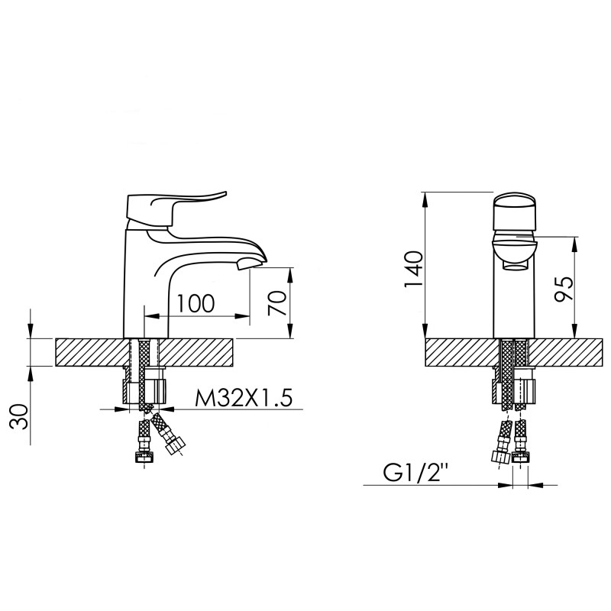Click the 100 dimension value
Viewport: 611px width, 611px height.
(x=194, y=302)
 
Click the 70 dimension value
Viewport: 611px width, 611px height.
(x=277, y=303)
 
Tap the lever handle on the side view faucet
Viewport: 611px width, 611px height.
(x=176, y=205)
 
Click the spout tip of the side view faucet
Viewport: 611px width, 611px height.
(x=250, y=265)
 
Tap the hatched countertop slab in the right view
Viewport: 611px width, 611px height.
(x=458, y=352)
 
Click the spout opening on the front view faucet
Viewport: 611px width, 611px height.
(x=516, y=265)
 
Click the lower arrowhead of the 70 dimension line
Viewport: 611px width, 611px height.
(x=291, y=333)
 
